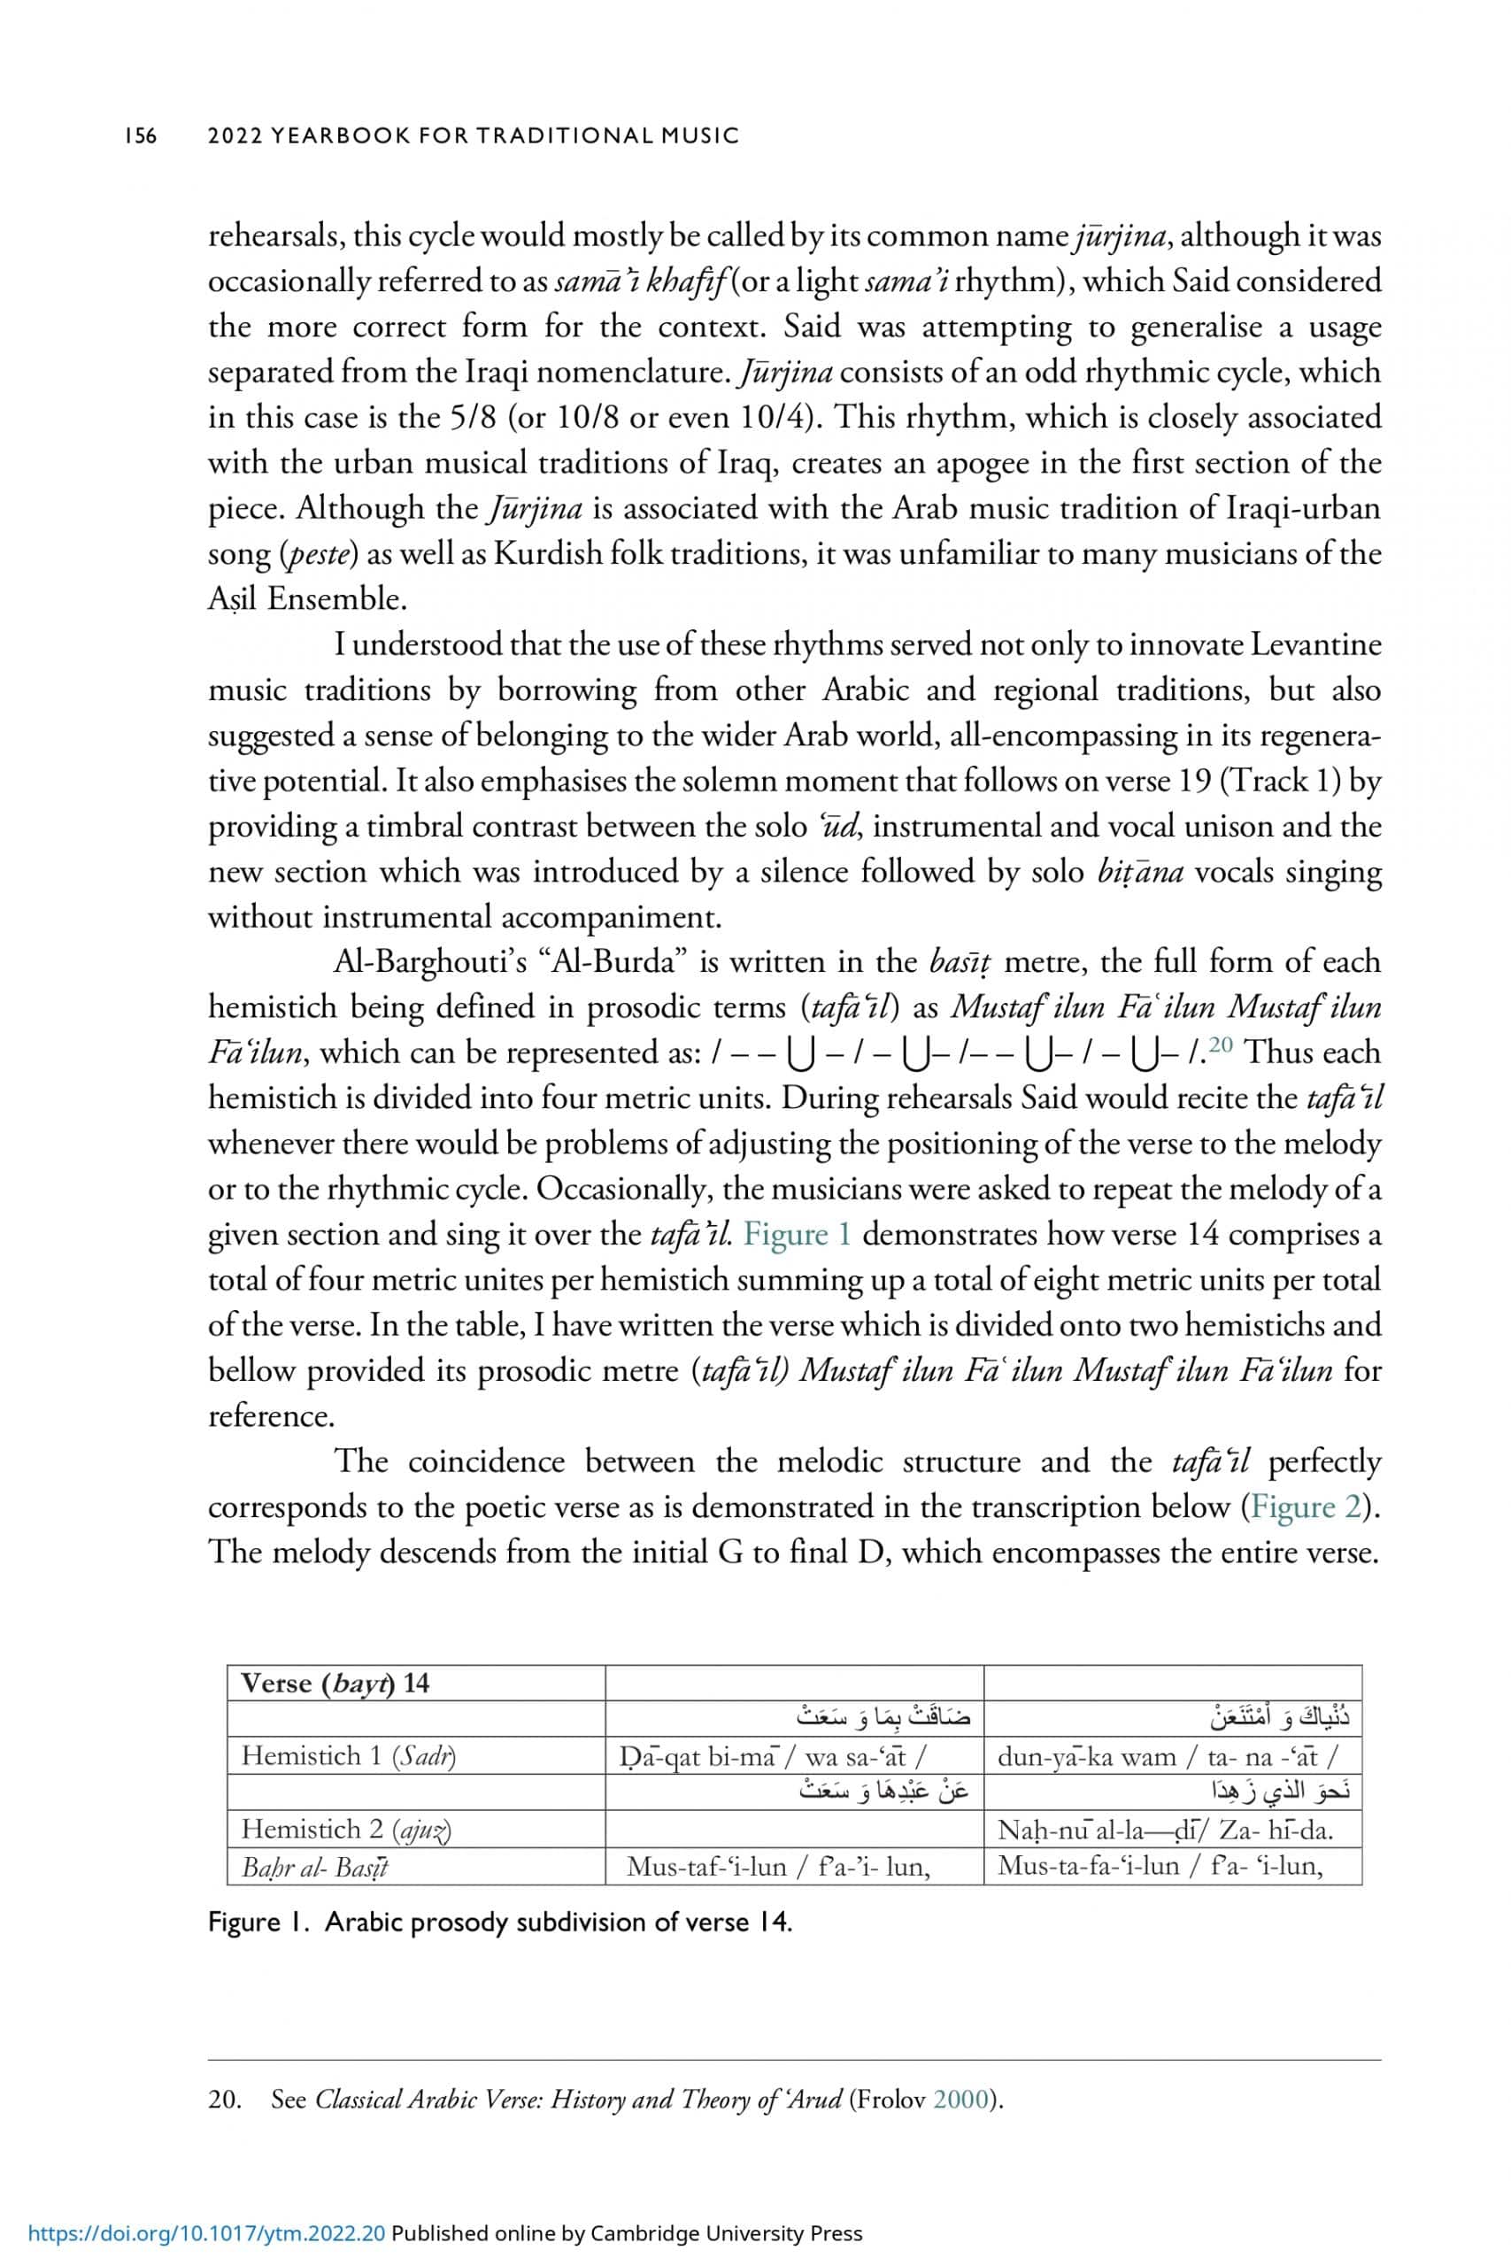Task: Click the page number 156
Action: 140,135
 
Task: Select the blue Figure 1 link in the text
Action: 797,1234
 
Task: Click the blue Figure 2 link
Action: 1306,1507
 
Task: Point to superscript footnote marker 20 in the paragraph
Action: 1222,1044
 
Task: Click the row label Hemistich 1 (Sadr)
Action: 348,1755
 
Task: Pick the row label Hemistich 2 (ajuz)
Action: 346,1829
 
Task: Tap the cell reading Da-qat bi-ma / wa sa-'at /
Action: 772,1756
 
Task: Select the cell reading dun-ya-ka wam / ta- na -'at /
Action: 1167,1756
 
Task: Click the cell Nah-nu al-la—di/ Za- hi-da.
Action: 1165,1830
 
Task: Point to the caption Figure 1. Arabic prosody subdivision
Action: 500,1921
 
